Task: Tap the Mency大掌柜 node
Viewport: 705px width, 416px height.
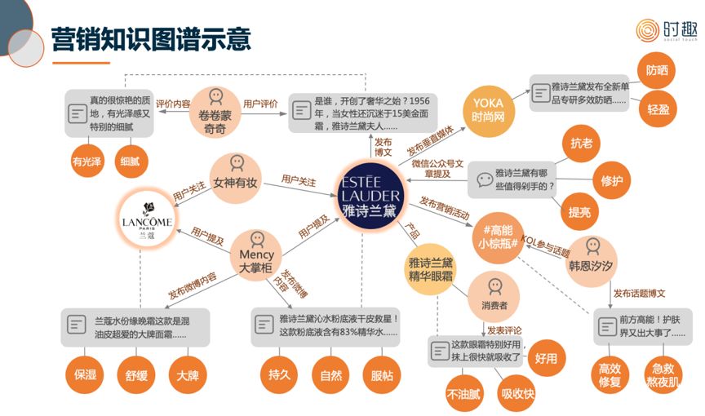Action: [x=257, y=250]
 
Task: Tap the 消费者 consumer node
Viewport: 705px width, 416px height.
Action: [x=494, y=295]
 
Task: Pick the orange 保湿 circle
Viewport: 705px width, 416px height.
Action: [x=86, y=377]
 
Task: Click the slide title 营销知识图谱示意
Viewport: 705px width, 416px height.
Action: [x=151, y=38]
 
